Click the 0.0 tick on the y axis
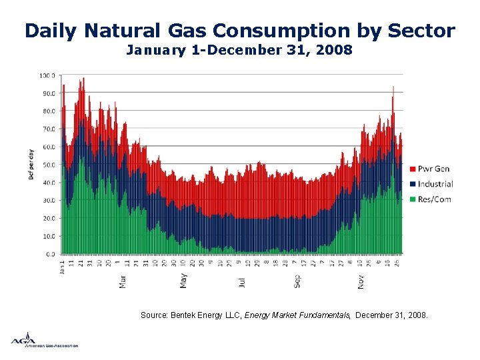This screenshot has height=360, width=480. tap(49, 254)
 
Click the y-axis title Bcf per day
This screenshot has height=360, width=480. tap(31, 165)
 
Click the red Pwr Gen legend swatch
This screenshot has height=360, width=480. tap(413, 169)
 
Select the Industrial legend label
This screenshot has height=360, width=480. tap(436, 184)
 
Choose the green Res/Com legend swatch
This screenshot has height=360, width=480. tap(413, 199)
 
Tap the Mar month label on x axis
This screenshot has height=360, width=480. tap(123, 281)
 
